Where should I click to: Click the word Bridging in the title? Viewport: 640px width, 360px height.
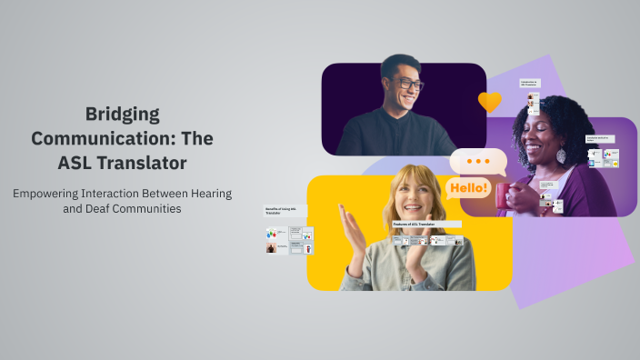tap(122, 115)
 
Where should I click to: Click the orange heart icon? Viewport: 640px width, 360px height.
tap(489, 101)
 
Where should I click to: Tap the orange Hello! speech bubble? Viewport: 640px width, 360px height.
tap(468, 188)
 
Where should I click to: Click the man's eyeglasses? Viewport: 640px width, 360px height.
tap(407, 85)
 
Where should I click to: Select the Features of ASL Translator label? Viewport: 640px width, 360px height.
tap(414, 224)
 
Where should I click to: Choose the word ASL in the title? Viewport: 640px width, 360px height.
tap(79, 164)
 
